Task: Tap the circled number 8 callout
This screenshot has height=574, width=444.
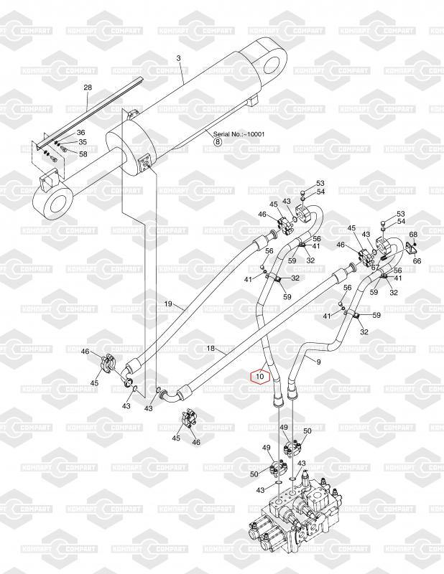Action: click(218, 141)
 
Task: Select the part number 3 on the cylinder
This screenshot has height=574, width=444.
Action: click(179, 58)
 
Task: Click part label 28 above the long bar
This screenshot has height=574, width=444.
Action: click(88, 88)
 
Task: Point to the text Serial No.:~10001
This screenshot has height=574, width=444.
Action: click(239, 134)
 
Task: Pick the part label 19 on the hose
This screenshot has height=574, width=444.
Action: click(168, 304)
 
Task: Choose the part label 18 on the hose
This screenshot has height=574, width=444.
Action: click(211, 349)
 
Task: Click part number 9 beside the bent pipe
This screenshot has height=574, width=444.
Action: click(318, 362)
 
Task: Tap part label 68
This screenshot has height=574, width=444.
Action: click(413, 234)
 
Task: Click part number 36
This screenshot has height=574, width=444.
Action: click(80, 133)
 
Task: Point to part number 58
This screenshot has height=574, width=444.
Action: click(83, 154)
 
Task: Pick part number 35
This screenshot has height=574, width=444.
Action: click(83, 141)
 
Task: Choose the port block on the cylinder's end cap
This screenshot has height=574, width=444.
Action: click(147, 164)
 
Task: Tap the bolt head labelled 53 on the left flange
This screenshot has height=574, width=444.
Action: click(302, 193)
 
